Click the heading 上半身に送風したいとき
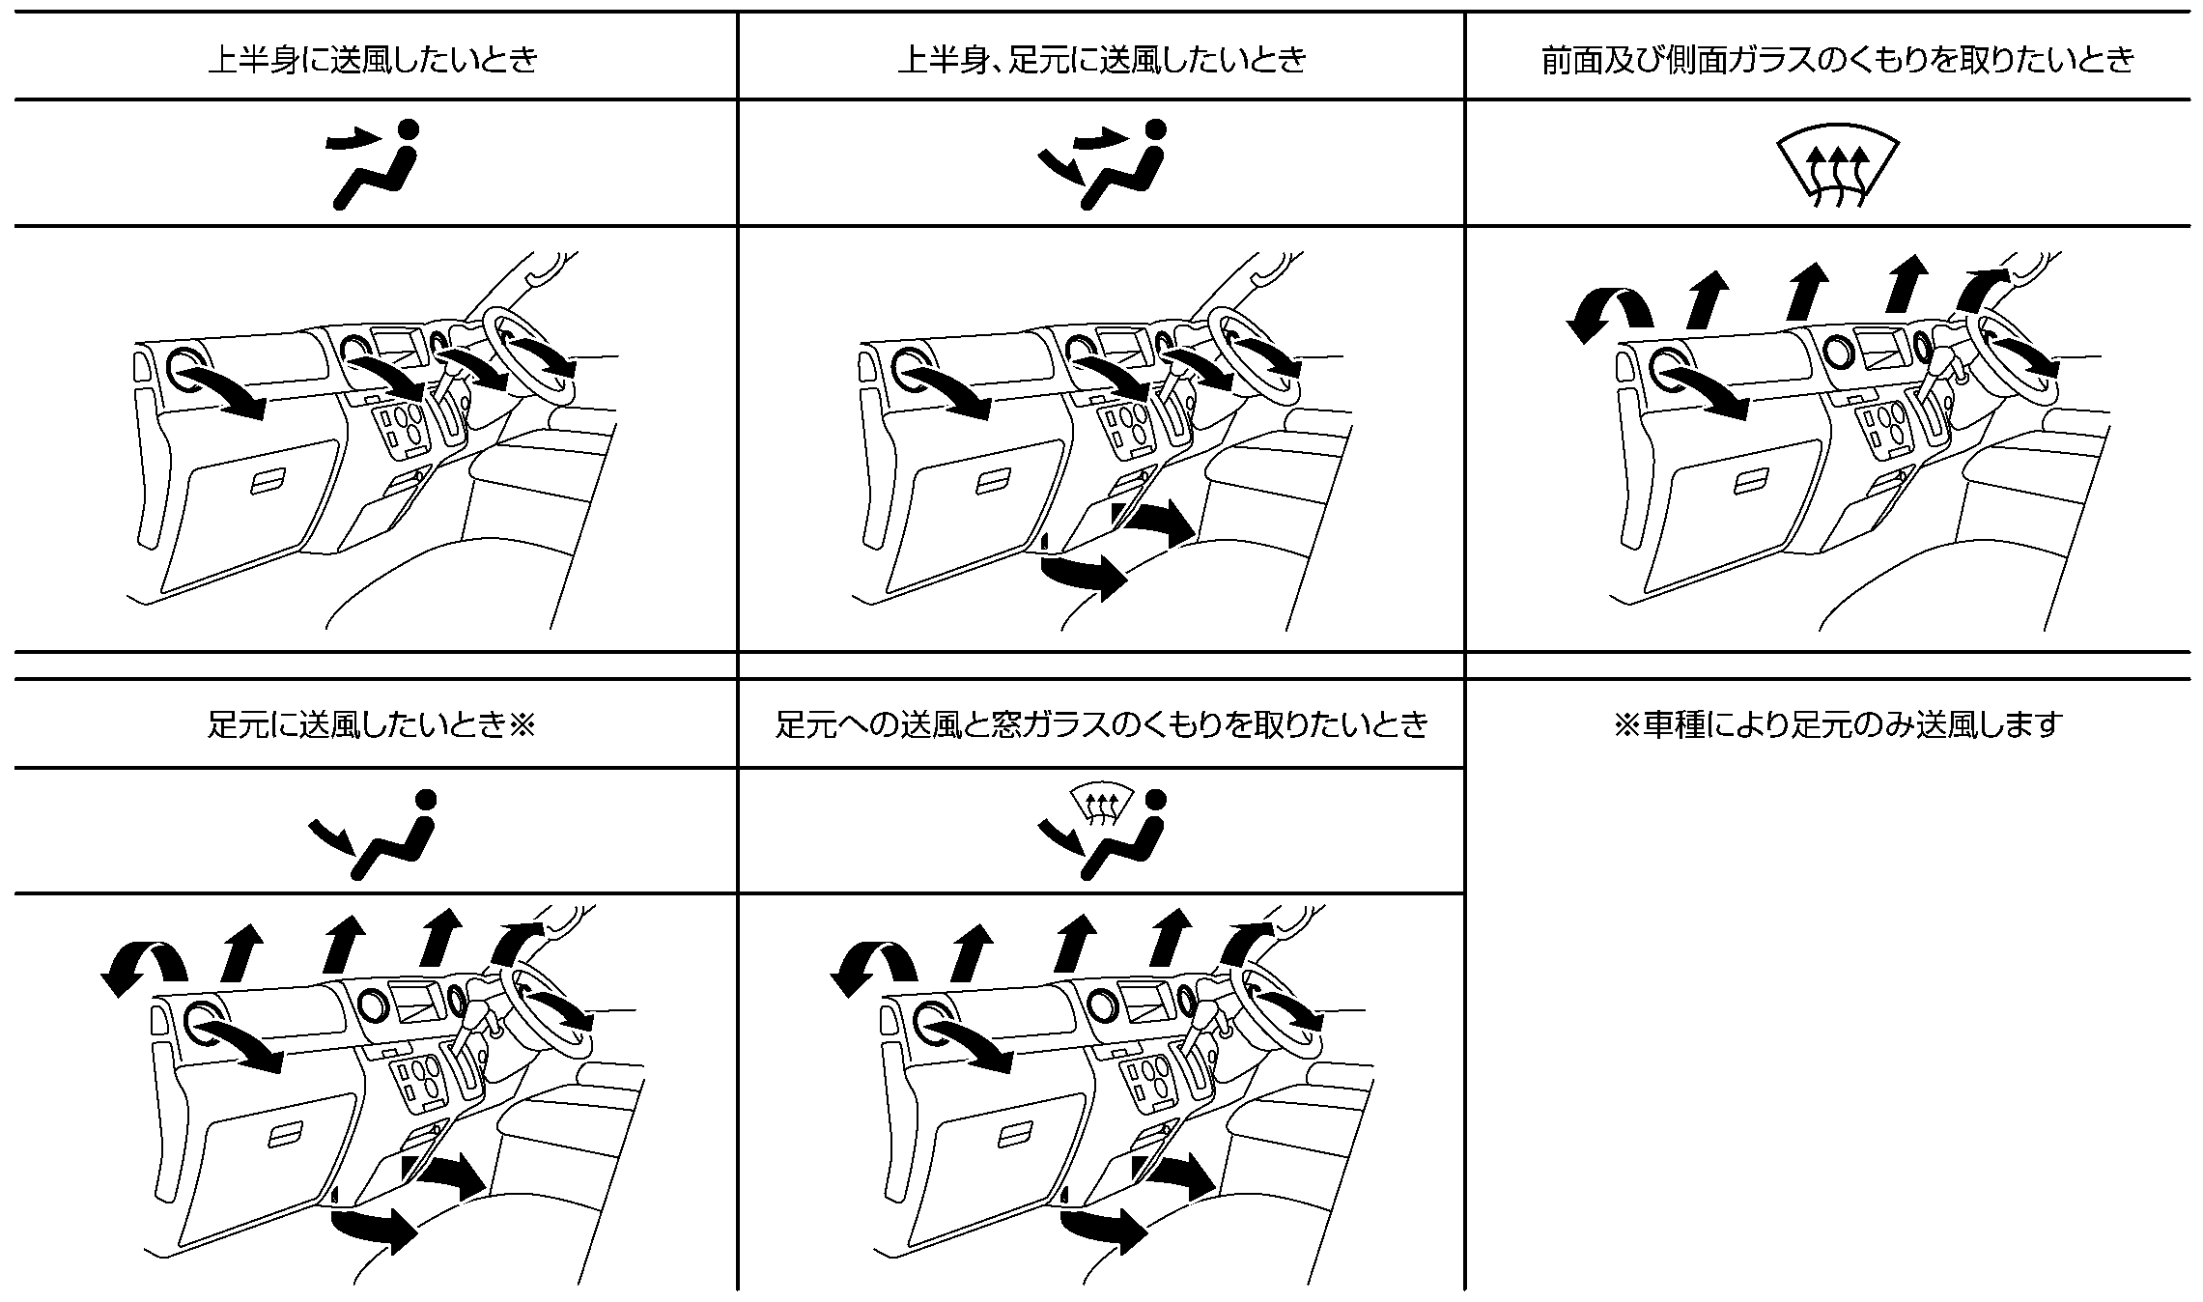[x=373, y=60]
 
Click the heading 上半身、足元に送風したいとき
[x=1102, y=60]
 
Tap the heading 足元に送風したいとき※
[x=372, y=724]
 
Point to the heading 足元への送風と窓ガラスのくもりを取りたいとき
[x=1102, y=724]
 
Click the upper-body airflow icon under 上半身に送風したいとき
[x=375, y=163]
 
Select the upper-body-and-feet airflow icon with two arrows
[x=1102, y=163]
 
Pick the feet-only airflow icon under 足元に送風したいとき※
[x=373, y=834]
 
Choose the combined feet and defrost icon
[x=1102, y=832]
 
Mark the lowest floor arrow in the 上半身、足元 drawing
[x=1084, y=576]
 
